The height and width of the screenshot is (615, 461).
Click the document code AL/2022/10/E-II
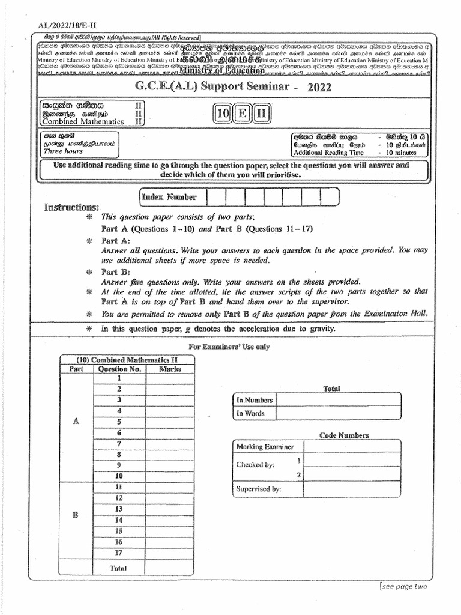(x=57, y=26)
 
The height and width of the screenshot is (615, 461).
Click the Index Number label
(x=169, y=197)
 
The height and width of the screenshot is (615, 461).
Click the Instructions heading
(x=71, y=207)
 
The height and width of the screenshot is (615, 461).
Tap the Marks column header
(x=170, y=369)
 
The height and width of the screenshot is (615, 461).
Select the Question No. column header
(x=119, y=369)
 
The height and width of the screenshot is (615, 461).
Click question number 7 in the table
(x=119, y=444)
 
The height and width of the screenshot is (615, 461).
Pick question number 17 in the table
(x=119, y=553)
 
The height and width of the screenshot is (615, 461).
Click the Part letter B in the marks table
(x=76, y=515)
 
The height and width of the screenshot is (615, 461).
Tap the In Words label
(x=250, y=413)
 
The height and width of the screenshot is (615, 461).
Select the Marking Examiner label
(x=265, y=446)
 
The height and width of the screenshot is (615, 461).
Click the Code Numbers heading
(x=344, y=435)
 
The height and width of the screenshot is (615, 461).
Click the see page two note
(x=404, y=586)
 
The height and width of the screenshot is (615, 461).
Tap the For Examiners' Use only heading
(x=229, y=347)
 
